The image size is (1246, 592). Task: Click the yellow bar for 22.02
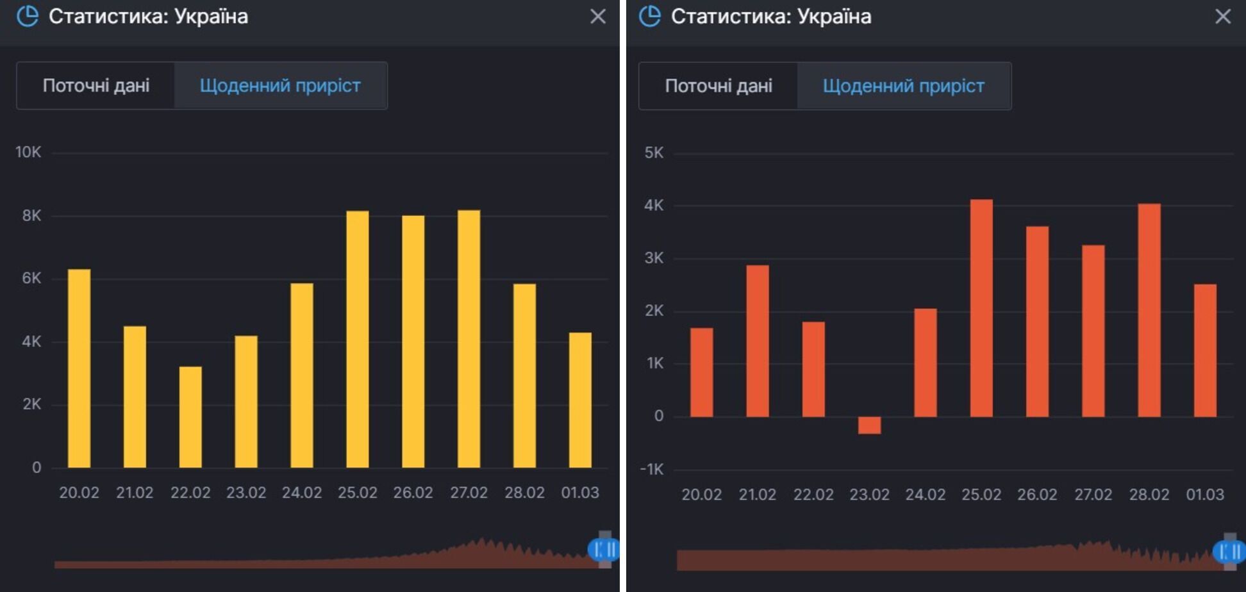click(190, 417)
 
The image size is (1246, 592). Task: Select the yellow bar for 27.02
click(469, 339)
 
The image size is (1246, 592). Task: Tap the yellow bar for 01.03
click(580, 400)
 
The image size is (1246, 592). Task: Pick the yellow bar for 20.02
click(79, 368)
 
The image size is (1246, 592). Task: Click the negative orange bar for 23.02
click(869, 425)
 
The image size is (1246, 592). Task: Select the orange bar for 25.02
click(981, 308)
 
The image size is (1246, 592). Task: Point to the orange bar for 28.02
click(1149, 310)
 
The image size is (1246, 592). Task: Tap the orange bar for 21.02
click(757, 341)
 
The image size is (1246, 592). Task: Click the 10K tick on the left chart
click(28, 152)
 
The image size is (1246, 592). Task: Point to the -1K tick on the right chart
click(652, 470)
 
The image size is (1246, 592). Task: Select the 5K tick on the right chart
click(654, 153)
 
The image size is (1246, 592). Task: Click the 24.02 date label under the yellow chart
click(302, 493)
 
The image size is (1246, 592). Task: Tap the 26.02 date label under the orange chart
click(1037, 495)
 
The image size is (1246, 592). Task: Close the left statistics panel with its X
click(598, 17)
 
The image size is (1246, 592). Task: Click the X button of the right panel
click(1223, 17)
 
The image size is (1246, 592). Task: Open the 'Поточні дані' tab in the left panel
click(96, 86)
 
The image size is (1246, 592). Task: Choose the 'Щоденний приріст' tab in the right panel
click(903, 86)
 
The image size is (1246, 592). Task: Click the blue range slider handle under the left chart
click(603, 549)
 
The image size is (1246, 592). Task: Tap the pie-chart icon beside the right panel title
click(650, 17)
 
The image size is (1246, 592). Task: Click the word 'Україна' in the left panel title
click(211, 17)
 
